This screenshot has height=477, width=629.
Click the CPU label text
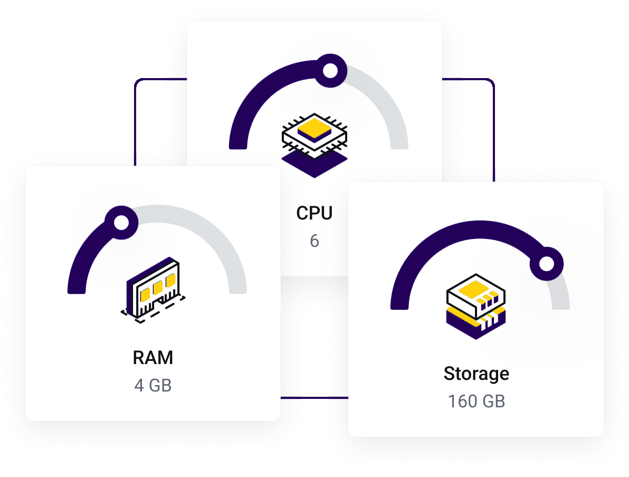click(314, 213)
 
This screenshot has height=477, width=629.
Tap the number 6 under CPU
click(314, 241)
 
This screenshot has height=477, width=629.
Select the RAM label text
click(153, 358)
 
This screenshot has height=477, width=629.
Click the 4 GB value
click(153, 385)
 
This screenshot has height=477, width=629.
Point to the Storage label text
click(476, 374)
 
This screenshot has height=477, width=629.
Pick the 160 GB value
click(476, 402)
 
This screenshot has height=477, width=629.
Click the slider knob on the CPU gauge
click(330, 71)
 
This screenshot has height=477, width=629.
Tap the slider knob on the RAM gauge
click(121, 222)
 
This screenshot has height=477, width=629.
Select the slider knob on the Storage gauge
click(547, 263)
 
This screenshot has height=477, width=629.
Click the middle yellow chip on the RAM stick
click(158, 287)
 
